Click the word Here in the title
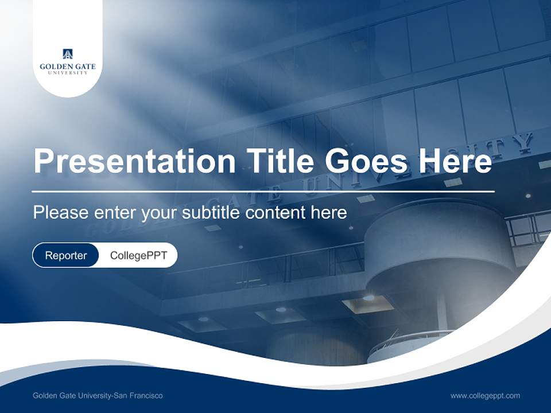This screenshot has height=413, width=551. pos(455,161)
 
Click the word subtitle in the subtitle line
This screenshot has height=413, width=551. pos(212,213)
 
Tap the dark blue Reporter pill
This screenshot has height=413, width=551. pos(66,255)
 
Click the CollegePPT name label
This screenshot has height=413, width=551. pos(138,255)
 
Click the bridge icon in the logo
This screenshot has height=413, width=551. pos(68,54)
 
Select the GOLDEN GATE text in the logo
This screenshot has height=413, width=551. pos(68,67)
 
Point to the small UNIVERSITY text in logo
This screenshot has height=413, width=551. pos(68,73)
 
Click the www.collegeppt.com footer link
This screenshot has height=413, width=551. pos(485,395)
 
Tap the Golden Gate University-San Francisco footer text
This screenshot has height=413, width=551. pos(98,395)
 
